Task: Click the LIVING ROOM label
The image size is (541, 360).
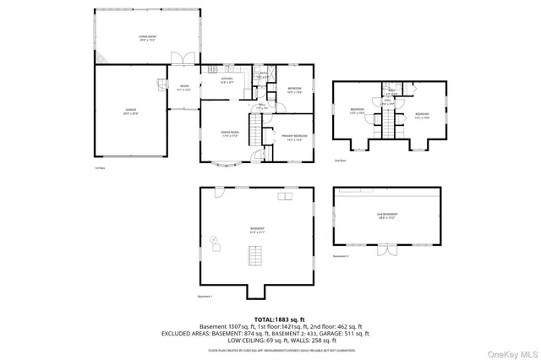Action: (150, 37)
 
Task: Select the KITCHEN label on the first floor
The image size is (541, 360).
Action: (227, 81)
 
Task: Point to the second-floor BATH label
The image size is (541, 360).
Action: (392, 91)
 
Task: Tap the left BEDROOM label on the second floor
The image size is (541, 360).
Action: (358, 112)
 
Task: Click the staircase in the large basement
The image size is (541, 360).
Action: (252, 254)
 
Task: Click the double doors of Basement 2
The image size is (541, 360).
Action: (386, 251)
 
